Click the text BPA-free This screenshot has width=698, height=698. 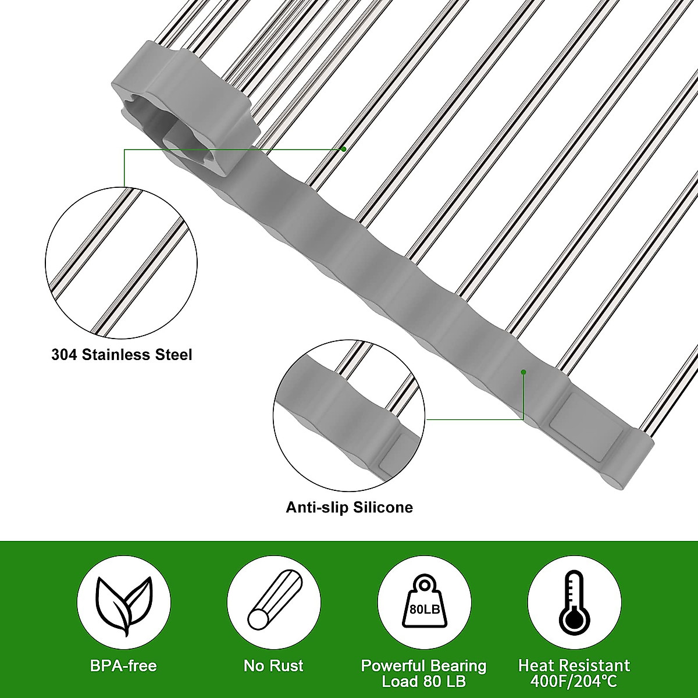(x=123, y=665)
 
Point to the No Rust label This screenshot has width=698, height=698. (x=273, y=665)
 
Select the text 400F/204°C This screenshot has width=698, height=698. (x=574, y=681)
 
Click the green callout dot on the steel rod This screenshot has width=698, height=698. (x=344, y=149)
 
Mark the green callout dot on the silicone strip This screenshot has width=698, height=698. (x=523, y=371)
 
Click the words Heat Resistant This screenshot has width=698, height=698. (x=574, y=665)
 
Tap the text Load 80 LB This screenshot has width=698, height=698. (x=423, y=681)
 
